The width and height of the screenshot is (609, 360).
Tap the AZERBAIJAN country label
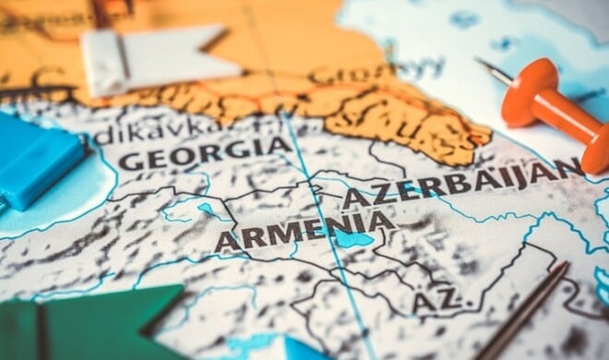click(x=461, y=182)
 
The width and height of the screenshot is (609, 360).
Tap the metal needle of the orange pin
click(x=493, y=71)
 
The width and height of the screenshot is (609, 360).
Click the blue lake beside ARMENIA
click(x=351, y=239)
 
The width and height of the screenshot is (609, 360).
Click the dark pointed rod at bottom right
click(x=526, y=314)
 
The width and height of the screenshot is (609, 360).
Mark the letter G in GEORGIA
click(x=133, y=161)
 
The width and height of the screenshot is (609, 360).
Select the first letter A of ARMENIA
click(x=227, y=241)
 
